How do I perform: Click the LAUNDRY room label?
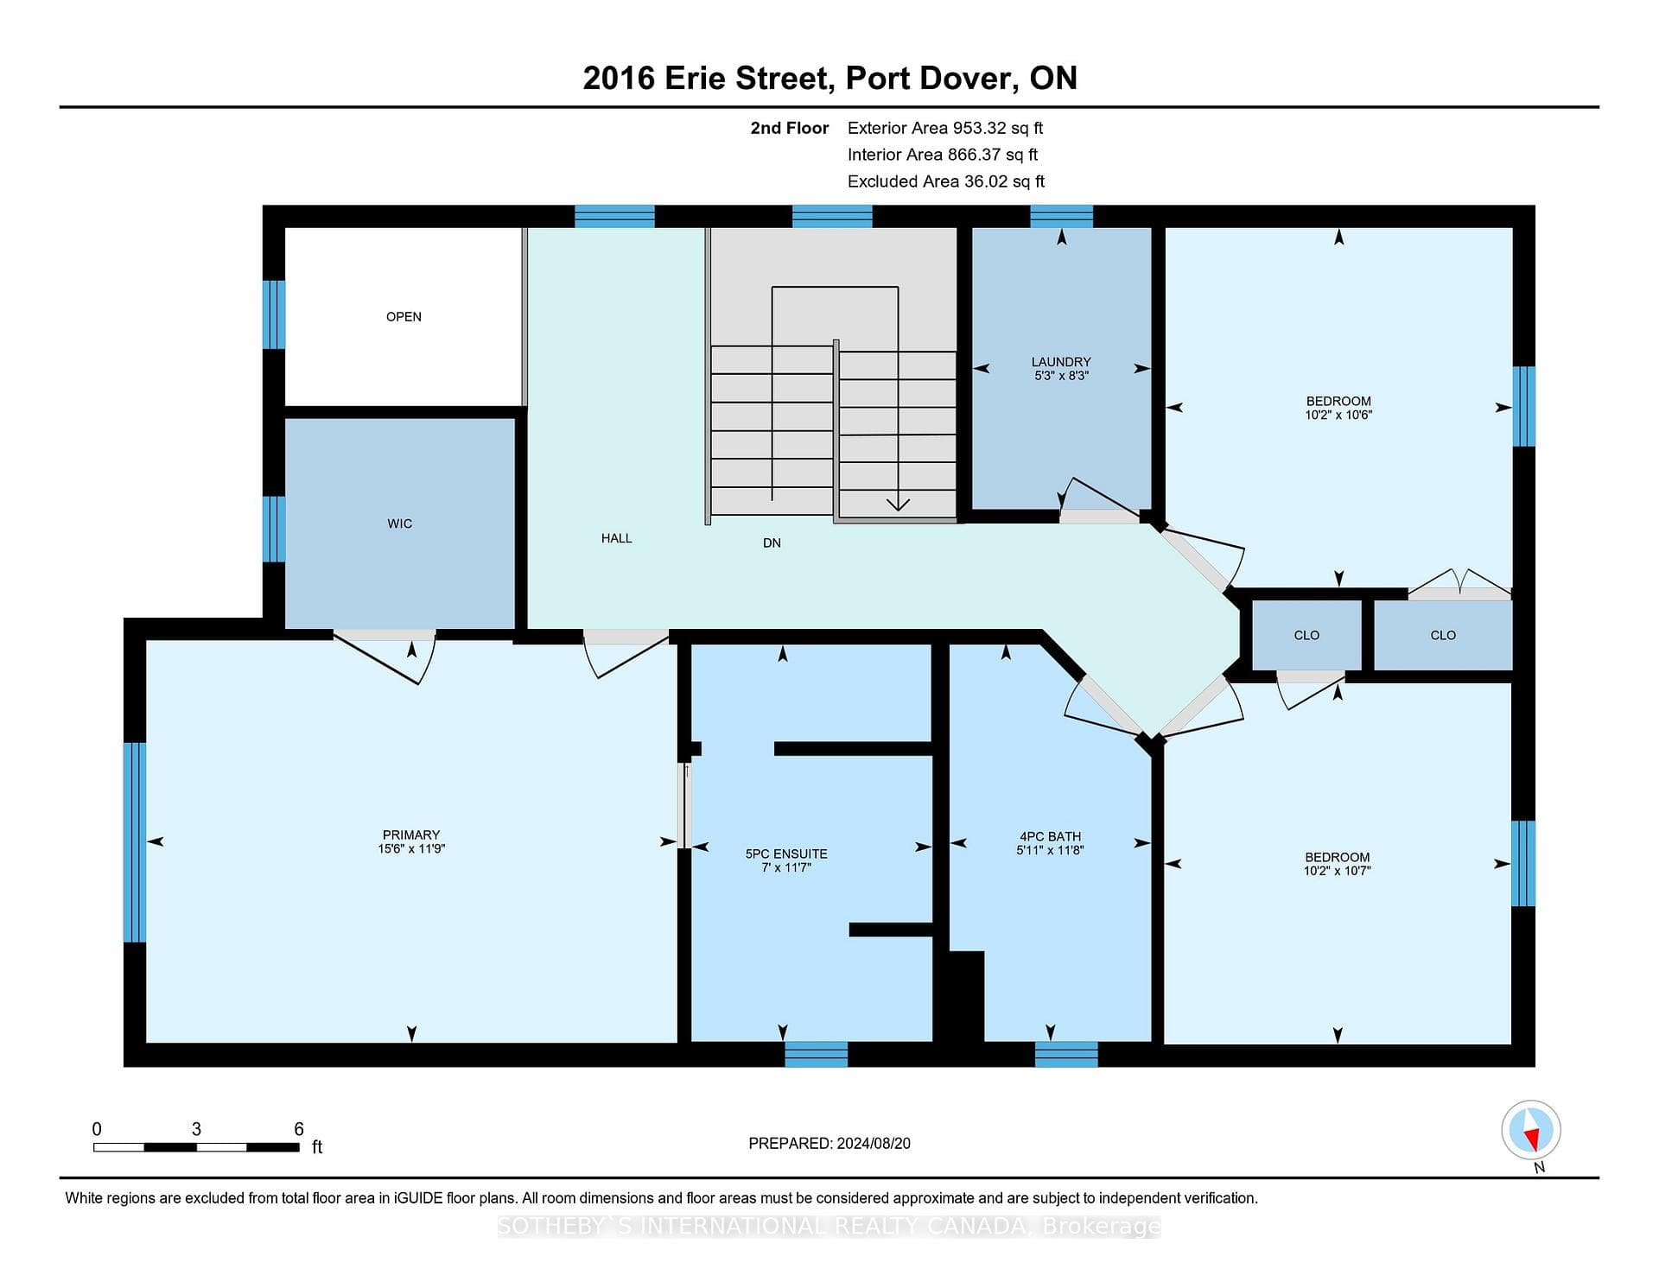tap(1061, 362)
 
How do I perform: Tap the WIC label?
tap(400, 524)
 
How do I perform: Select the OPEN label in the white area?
tap(404, 317)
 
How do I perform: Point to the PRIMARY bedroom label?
tap(411, 835)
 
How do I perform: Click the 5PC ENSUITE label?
tap(786, 854)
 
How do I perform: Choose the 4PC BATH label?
tap(1050, 836)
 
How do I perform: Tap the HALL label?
tap(617, 538)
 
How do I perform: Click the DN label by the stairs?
tap(772, 543)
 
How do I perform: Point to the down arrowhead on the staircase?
tap(898, 504)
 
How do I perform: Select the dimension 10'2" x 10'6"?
tap(1338, 415)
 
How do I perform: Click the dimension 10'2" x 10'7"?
tap(1338, 871)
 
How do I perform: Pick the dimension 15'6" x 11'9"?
tap(411, 848)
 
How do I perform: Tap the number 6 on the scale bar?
tap(299, 1129)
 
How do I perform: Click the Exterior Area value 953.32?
tap(980, 128)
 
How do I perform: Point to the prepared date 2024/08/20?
tap(874, 1143)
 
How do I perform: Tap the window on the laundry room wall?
tap(1062, 216)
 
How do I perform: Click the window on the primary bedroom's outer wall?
tap(135, 842)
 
